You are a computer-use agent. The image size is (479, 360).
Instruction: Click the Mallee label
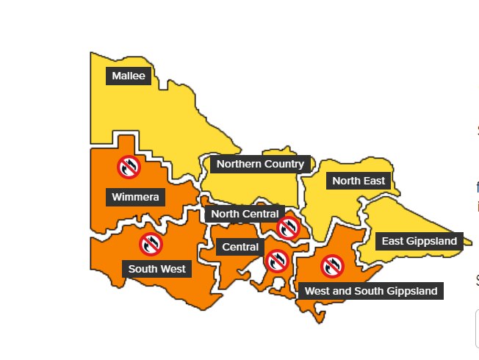129,76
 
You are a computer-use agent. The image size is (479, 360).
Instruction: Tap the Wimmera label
135,197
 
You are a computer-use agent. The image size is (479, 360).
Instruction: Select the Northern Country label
260,164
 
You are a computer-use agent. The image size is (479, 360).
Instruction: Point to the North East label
359,181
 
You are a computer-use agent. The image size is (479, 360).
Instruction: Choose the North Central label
245,214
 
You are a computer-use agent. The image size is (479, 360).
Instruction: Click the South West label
156,269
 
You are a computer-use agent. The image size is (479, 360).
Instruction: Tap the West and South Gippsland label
371,291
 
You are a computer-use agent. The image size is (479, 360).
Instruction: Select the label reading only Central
240,247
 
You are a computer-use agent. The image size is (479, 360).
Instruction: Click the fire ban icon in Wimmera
129,167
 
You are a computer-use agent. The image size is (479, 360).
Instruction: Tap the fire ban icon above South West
151,244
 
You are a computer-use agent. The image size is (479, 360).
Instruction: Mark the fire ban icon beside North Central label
288,227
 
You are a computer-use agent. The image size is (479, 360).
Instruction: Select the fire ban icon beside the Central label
276,260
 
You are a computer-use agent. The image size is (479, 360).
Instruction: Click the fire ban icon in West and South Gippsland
332,266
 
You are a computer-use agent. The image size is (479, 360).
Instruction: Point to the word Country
283,164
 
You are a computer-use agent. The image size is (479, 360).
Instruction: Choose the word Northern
239,164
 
